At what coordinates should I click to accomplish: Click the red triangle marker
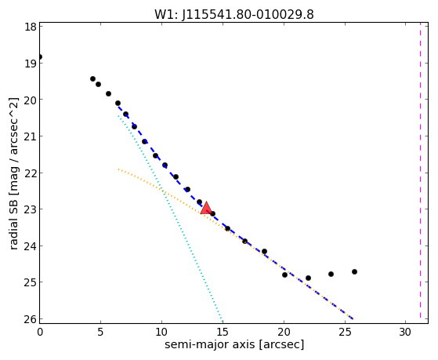(206, 208)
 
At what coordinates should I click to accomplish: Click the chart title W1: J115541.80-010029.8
(234, 15)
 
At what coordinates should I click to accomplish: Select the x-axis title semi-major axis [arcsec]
(234, 344)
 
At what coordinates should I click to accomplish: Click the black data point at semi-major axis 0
(40, 56)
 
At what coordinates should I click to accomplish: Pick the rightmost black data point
(354, 271)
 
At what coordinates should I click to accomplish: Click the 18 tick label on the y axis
(30, 27)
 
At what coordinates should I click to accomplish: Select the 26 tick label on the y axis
(30, 319)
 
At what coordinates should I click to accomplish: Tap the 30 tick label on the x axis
(405, 333)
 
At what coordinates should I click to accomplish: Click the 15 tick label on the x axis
(223, 333)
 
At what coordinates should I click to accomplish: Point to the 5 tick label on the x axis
(100, 333)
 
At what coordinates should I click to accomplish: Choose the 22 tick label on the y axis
(30, 173)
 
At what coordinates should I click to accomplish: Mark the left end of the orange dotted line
(118, 169)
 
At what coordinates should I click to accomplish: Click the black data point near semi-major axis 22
(308, 278)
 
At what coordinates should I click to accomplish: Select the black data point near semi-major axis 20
(284, 275)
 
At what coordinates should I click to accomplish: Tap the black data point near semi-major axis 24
(331, 275)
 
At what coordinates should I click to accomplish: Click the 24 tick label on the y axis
(30, 246)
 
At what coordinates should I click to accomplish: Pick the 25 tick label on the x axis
(345, 333)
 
